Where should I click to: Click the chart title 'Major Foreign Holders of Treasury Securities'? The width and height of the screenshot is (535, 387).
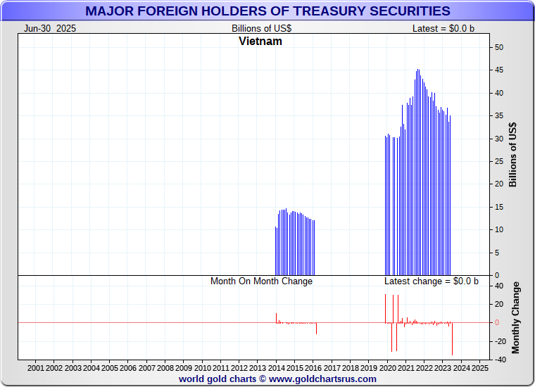[x=267, y=11]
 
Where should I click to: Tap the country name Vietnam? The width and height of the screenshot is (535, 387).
[x=260, y=42]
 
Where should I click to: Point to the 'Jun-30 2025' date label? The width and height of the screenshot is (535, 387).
[x=50, y=28]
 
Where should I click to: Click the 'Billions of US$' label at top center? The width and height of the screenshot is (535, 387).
[x=262, y=28]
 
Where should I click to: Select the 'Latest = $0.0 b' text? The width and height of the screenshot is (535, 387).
[x=444, y=28]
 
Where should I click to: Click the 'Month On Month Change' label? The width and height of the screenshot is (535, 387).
[x=261, y=281]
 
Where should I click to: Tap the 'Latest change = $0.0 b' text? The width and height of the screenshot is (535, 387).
[x=431, y=281]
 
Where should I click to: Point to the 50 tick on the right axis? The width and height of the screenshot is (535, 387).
[x=498, y=47]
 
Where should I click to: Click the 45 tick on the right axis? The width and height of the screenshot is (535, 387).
[x=498, y=70]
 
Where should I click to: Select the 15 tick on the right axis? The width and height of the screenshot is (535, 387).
[x=498, y=207]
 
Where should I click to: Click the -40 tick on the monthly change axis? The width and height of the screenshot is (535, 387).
[x=498, y=360]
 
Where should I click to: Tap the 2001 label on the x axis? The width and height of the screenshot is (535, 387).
[x=36, y=368]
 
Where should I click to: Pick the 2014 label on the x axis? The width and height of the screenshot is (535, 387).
[x=277, y=368]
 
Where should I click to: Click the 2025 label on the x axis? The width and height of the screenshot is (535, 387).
[x=479, y=368]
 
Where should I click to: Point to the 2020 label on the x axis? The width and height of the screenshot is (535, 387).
[x=387, y=368]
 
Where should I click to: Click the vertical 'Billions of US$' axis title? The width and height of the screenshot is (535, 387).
[x=513, y=155]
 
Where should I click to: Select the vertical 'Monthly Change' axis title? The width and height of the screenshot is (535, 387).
[x=516, y=317]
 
